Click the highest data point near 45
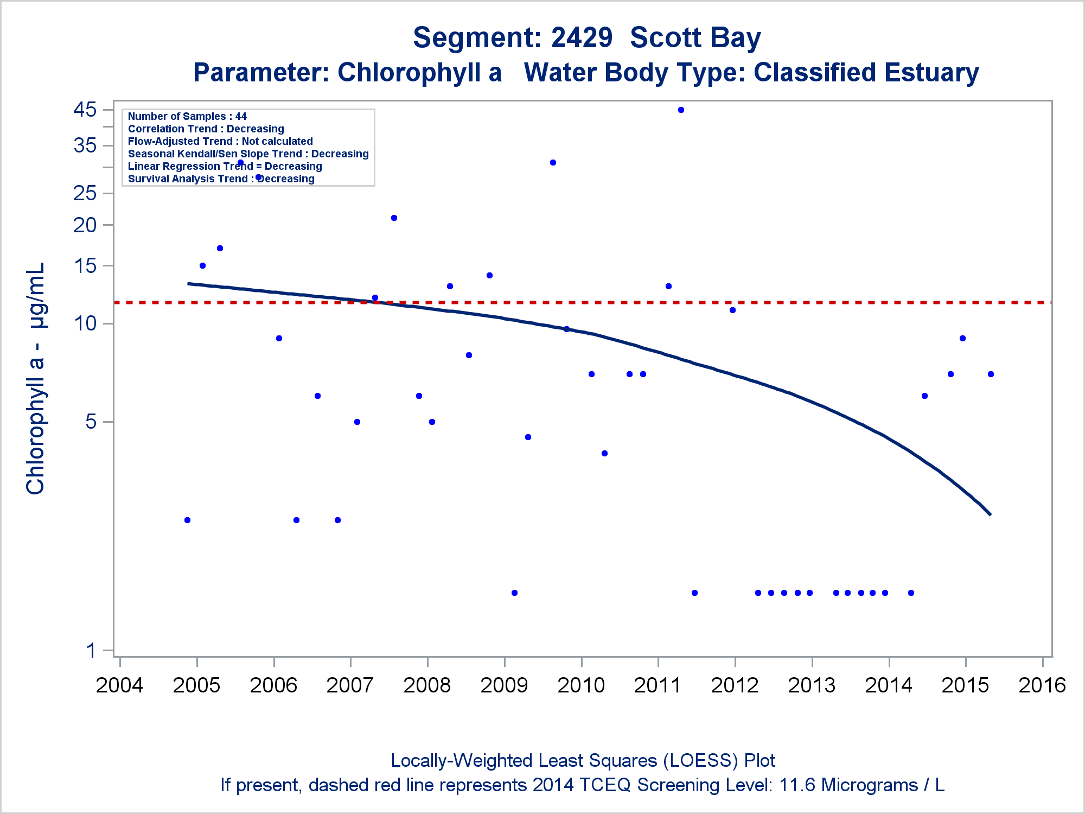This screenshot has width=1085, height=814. pyautogui.click(x=681, y=110)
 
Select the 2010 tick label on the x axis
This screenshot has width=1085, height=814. pyautogui.click(x=581, y=685)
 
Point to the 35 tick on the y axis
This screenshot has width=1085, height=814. pyautogui.click(x=85, y=145)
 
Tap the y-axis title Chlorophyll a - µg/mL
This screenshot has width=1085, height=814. pyautogui.click(x=36, y=379)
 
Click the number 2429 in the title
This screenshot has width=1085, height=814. pyautogui.click(x=582, y=38)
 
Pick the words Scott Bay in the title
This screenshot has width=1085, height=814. pyautogui.click(x=695, y=38)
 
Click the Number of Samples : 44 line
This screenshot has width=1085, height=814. pyautogui.click(x=187, y=116)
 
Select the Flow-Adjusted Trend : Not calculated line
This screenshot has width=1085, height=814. pyautogui.click(x=220, y=141)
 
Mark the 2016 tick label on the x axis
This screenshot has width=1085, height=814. pyautogui.click(x=1042, y=685)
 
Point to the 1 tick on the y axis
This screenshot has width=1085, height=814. pyautogui.click(x=91, y=650)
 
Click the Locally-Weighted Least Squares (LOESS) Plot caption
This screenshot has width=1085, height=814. pyautogui.click(x=583, y=761)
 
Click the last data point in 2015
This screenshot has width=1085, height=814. pyautogui.click(x=991, y=374)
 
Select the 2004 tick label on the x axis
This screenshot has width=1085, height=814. pyautogui.click(x=119, y=685)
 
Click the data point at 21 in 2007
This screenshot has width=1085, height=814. pyautogui.click(x=394, y=218)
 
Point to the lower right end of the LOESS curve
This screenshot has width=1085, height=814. pyautogui.click(x=990, y=514)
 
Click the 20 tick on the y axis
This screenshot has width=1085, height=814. pyautogui.click(x=85, y=225)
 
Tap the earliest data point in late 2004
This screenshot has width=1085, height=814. pyautogui.click(x=187, y=520)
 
